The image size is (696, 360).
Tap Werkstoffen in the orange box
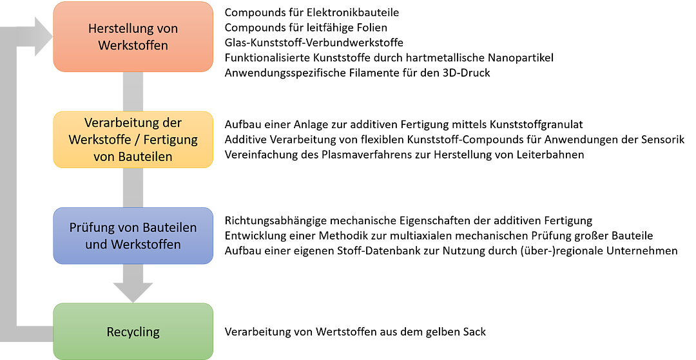pyautogui.click(x=133, y=45)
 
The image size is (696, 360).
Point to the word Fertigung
pyautogui.click(x=172, y=139)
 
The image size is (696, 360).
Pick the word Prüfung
pyautogui.click(x=90, y=228)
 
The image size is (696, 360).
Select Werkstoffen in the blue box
pyautogui.click(x=146, y=245)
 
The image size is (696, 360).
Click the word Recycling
pyautogui.click(x=133, y=332)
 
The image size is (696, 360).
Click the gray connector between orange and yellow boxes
pyautogui.click(x=133, y=91)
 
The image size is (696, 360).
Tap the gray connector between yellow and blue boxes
pyautogui.click(x=133, y=187)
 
